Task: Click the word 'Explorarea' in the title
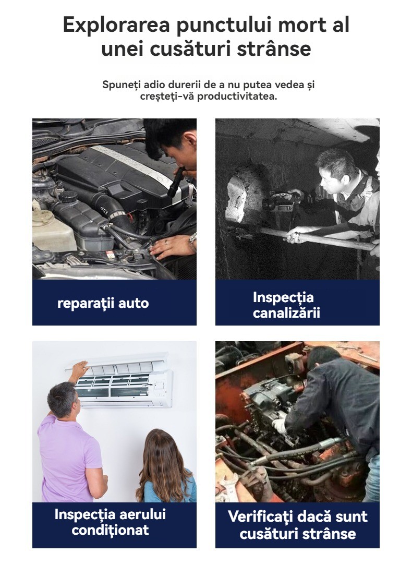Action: pyautogui.click(x=117, y=25)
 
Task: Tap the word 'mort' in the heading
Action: pyautogui.click(x=302, y=25)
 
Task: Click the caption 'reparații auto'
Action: pyautogui.click(x=103, y=303)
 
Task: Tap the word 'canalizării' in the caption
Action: pyautogui.click(x=286, y=313)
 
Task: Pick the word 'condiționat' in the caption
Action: pyautogui.click(x=110, y=530)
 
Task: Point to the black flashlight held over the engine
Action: pyautogui.click(x=176, y=182)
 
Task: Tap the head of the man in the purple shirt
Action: pyautogui.click(x=63, y=399)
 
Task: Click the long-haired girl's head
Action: pyautogui.click(x=161, y=451)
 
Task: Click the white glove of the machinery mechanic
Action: pyautogui.click(x=279, y=426)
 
